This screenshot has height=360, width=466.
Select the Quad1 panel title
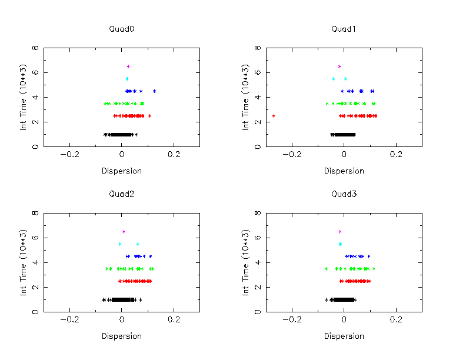pyautogui.click(x=344, y=29)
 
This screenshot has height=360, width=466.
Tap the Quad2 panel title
pyautogui.click(x=122, y=194)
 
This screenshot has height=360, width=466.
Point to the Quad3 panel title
pyautogui.click(x=344, y=194)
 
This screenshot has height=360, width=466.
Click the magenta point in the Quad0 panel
pyautogui.click(x=128, y=66)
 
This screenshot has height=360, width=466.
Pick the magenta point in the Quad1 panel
pyautogui.click(x=339, y=66)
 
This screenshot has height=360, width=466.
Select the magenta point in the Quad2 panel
pyautogui.click(x=124, y=232)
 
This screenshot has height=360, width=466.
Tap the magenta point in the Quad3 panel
pyautogui.click(x=339, y=232)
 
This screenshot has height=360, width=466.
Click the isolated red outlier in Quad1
pyautogui.click(x=274, y=116)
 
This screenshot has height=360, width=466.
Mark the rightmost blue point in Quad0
pyautogui.click(x=154, y=91)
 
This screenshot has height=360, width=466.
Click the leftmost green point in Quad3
pyautogui.click(x=326, y=269)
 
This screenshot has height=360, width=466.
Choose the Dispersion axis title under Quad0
pyautogui.click(x=122, y=171)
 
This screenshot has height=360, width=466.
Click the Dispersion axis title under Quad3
pyautogui.click(x=344, y=336)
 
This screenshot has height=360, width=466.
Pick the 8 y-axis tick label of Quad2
pyautogui.click(x=36, y=214)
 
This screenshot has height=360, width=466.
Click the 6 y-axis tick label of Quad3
pyautogui.click(x=259, y=238)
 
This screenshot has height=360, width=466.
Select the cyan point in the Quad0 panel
pyautogui.click(x=127, y=79)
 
